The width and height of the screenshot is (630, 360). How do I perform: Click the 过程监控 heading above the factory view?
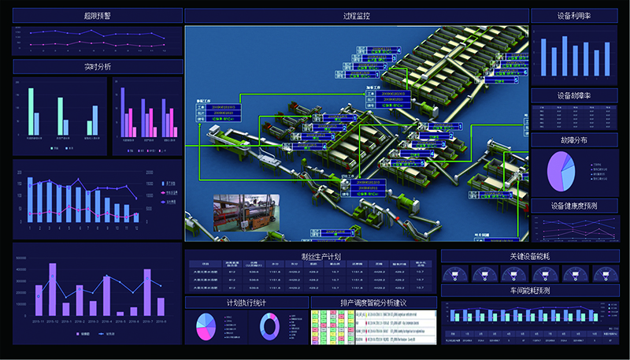pyautogui.click(x=357, y=15)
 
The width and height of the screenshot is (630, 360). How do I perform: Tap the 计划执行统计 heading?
pyautogui.click(x=246, y=302)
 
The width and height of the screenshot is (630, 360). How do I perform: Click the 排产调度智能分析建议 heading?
pyautogui.click(x=373, y=302)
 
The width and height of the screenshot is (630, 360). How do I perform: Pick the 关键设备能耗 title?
pyautogui.click(x=529, y=256)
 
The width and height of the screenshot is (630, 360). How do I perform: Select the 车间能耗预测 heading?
pyautogui.click(x=529, y=291)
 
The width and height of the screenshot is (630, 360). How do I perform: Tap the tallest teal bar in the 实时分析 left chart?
pyautogui.click(x=31, y=110)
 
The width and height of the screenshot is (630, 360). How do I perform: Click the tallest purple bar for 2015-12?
pyautogui.click(x=53, y=288)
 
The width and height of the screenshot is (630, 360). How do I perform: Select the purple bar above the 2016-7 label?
pyautogui.click(x=146, y=291)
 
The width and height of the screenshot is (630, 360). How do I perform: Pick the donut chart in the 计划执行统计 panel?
pyautogui.click(x=269, y=326)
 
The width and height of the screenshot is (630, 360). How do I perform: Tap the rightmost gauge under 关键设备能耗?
pyautogui.click(x=603, y=273)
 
